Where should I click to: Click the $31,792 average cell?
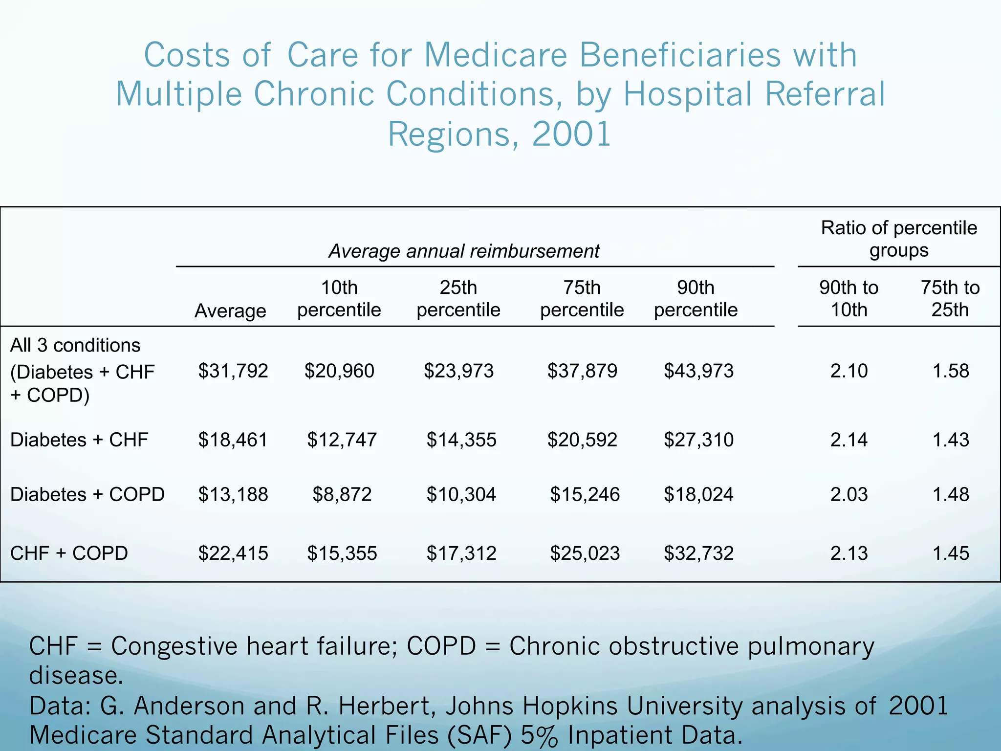coord(233,371)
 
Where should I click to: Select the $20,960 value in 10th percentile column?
coord(339,371)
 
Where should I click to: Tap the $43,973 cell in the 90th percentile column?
coord(698,371)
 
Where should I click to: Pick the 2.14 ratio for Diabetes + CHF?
coord(849,440)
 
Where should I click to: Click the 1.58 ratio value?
coord(950,371)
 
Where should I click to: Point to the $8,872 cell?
coord(342,494)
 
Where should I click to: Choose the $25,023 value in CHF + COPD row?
coord(585,553)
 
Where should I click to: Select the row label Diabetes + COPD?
coord(87,494)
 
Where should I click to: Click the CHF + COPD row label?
coord(69,553)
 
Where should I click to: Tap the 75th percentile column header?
coord(582,298)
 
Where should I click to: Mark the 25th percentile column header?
coord(458,298)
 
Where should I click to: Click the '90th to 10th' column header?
coord(849,298)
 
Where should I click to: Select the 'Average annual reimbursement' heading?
coord(463,251)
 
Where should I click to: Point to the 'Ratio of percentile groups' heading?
coord(898,239)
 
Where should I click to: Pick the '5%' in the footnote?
coord(539,735)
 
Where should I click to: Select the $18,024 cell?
coord(698,494)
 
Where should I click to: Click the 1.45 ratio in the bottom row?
coord(950,553)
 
